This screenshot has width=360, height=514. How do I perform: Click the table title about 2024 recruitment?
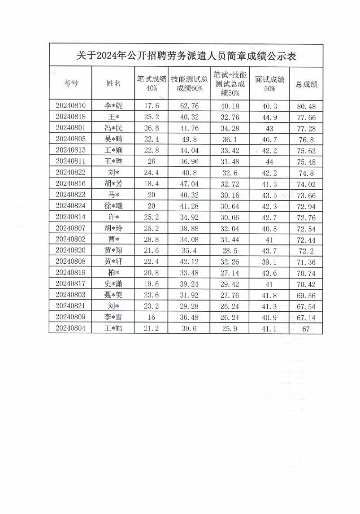point(186,56)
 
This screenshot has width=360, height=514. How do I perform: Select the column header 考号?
point(70,83)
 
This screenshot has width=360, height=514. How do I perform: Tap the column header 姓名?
point(113,83)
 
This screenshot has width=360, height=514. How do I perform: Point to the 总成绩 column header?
point(307,84)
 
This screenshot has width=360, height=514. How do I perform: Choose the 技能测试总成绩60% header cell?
point(190,83)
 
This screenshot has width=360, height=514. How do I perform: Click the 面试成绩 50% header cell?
point(270,83)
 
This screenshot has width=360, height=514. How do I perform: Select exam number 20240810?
point(70,106)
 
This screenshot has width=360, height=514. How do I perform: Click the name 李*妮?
point(113,106)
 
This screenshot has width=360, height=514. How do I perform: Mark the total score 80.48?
point(307,106)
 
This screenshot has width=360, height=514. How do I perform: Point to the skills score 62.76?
point(190,106)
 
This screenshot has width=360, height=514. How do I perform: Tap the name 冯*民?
point(113,128)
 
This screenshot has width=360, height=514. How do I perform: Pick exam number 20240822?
point(70,172)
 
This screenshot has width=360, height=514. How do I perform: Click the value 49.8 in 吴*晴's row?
point(190,139)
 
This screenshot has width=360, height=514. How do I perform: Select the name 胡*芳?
point(113,183)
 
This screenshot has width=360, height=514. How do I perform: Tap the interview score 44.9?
point(270,117)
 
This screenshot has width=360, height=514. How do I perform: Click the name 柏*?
point(113,272)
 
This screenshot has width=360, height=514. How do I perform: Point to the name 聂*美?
point(113,294)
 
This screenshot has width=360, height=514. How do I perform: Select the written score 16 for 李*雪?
point(151,316)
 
